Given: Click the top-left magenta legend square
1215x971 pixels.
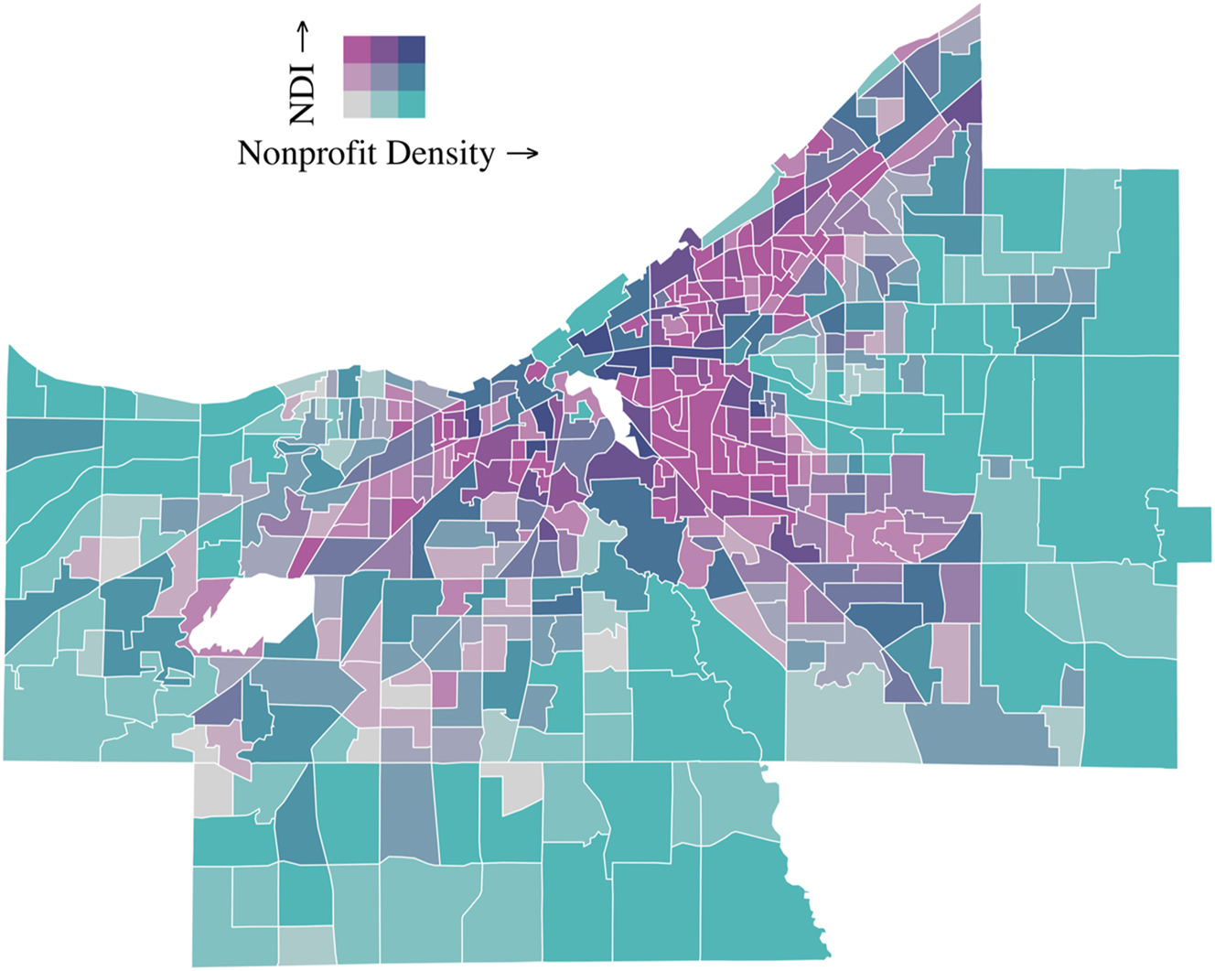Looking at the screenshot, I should point(356,49).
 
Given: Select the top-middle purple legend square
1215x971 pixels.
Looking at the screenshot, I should point(383,49).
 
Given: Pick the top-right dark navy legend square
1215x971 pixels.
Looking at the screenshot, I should point(412,49).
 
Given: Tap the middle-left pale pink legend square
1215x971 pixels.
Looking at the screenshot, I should point(356,77).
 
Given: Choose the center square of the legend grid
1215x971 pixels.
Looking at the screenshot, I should point(383,77).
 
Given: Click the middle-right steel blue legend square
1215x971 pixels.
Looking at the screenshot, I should point(412,77).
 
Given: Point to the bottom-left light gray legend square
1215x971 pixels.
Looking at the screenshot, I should point(356,104).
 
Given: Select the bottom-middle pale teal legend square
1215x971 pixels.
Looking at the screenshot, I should point(383,104).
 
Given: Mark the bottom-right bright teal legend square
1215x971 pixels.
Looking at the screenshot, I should point(412,104).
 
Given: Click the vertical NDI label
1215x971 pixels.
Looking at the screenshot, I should point(301,93).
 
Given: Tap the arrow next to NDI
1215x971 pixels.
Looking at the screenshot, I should point(301,38).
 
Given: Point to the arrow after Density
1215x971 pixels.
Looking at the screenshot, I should point(522,154).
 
